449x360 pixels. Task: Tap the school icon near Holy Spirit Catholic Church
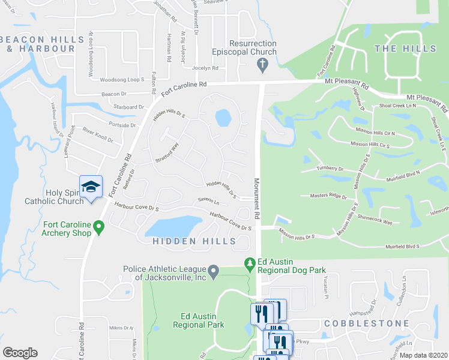(91, 187)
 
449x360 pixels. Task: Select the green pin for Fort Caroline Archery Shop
(100, 227)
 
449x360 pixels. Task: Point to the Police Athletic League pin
(214, 271)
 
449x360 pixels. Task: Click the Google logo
(20, 353)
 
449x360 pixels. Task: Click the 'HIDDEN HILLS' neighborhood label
(194, 241)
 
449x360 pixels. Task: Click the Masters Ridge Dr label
(328, 196)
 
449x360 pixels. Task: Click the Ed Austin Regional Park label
(198, 320)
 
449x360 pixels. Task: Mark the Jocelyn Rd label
(205, 68)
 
